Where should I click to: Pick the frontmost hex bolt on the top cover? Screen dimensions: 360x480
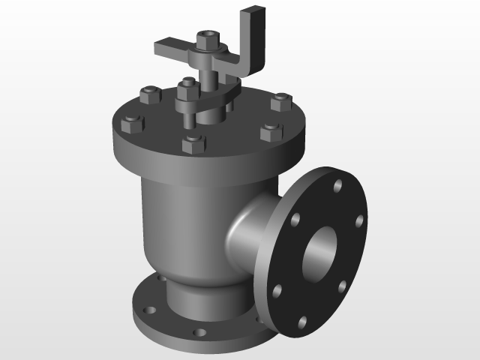coord(194,142)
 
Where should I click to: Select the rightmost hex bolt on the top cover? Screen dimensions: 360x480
coord(281,102)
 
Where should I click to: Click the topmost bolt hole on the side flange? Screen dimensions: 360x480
coord(338,184)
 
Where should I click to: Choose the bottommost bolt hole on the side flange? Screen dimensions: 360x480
coord(302,322)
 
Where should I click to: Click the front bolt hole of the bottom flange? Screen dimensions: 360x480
coord(199,332)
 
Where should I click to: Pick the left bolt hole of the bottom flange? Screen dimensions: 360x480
coord(146,307)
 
